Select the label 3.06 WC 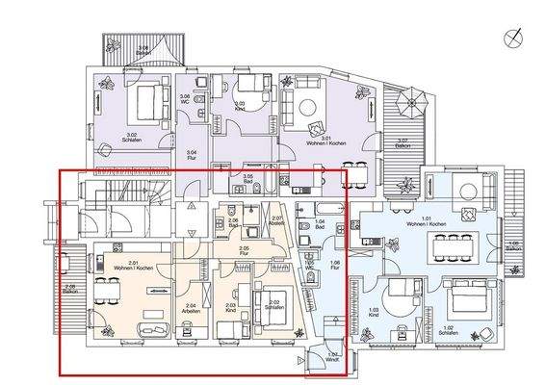coord(185,98)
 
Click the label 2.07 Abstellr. coord(276,220)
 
